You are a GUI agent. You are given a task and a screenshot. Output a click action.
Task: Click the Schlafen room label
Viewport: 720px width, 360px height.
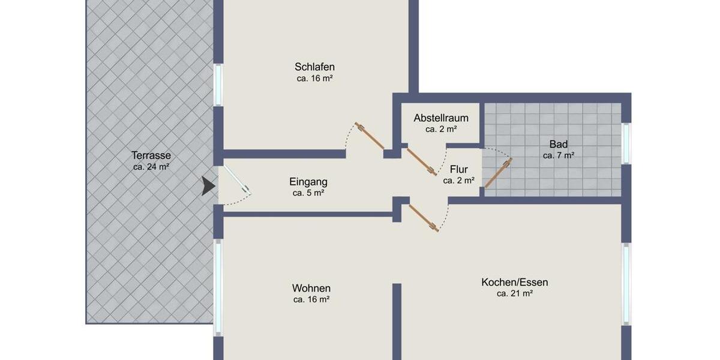pos(314,67)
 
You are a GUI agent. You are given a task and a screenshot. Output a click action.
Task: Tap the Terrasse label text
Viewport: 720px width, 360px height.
pos(151,155)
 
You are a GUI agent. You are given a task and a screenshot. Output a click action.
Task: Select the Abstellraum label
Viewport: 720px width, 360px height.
pos(441,118)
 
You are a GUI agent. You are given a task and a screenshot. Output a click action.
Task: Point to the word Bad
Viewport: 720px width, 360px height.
pos(558,144)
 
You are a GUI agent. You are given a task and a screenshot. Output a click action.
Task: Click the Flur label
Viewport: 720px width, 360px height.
pos(458,169)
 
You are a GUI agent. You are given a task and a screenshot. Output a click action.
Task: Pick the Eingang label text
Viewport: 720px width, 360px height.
pos(308,181)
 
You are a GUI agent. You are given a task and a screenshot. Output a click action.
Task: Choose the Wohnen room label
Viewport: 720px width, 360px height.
pos(311,288)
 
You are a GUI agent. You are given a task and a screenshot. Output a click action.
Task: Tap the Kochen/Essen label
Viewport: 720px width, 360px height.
pos(515,282)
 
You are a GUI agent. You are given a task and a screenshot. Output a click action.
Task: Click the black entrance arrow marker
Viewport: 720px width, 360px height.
pos(208,187)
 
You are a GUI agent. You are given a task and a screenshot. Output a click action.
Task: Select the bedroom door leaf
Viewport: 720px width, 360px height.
pos(370,136)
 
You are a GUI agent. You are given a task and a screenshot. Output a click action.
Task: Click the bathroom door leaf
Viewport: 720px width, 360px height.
pos(497,173)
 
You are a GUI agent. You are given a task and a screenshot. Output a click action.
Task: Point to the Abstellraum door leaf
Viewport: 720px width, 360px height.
pos(421,161)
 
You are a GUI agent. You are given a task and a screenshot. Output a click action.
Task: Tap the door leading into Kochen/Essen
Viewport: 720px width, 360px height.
pos(424,217)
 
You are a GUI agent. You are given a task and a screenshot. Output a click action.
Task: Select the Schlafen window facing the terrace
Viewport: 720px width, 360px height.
pos(218,85)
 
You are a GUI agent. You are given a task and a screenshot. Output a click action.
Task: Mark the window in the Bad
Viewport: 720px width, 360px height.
pos(626,143)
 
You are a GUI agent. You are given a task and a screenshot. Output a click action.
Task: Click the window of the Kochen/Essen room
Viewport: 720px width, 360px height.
pos(626,284)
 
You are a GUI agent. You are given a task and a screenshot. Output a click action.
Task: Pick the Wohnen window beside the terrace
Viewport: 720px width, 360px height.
pos(218,287)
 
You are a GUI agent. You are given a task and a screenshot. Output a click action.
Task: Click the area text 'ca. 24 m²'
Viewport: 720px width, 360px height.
pos(151,167)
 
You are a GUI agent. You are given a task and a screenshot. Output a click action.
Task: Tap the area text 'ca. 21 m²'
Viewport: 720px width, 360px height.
pos(515,293)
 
